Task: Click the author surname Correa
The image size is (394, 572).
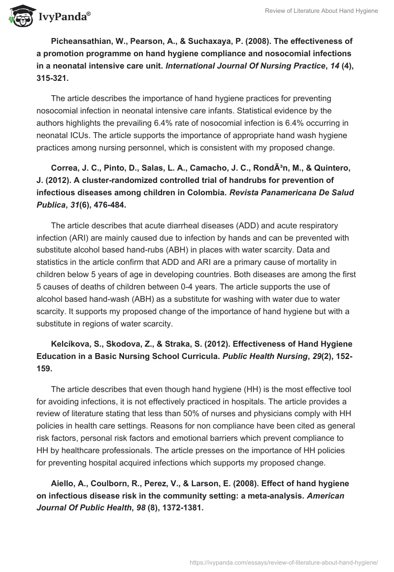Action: pos(66,168)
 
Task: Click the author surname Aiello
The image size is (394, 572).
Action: pos(64,484)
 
